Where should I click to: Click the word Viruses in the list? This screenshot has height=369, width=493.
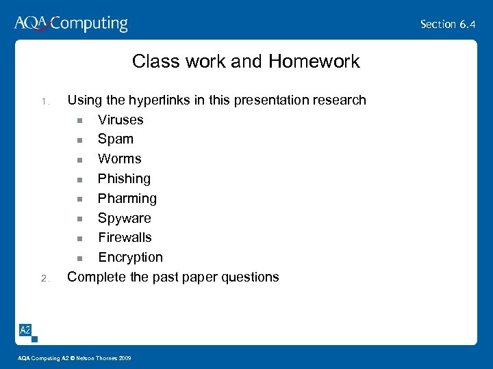(121, 120)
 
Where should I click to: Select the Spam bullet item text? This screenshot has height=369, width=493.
(116, 139)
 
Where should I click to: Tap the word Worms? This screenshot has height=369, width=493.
(120, 159)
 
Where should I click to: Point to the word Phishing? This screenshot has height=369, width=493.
(124, 179)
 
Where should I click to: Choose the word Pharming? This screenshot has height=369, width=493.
(127, 199)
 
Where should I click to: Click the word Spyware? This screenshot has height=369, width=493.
(125, 219)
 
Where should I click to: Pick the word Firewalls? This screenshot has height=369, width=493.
(125, 238)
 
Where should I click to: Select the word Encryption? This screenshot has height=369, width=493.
(130, 258)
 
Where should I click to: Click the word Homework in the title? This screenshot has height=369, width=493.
(314, 61)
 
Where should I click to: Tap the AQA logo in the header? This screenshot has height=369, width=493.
(31, 23)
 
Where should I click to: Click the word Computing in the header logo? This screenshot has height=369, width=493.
(90, 25)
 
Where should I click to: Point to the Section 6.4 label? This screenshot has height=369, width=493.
(448, 24)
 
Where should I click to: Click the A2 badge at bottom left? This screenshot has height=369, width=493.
(25, 330)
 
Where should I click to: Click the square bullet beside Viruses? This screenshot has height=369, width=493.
(79, 121)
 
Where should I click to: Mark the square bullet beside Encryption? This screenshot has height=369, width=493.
(79, 258)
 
